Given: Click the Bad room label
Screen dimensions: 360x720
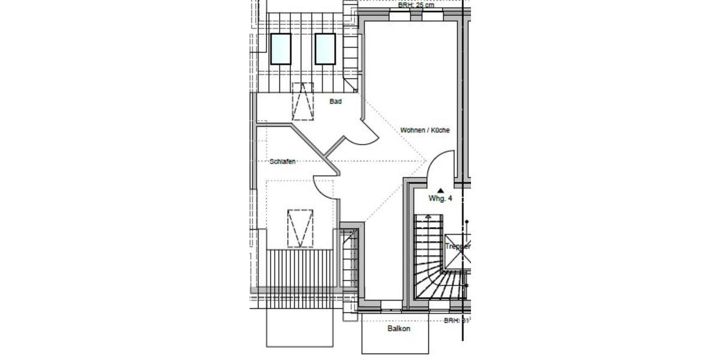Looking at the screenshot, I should click(335, 101).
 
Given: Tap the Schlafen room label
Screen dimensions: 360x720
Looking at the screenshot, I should click(283, 161).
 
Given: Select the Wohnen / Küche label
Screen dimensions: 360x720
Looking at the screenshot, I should click(425, 130).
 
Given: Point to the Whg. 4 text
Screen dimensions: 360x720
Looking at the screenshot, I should click(440, 199).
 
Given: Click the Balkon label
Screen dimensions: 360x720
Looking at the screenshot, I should click(399, 329).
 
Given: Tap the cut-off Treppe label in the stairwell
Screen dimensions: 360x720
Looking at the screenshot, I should click(458, 247).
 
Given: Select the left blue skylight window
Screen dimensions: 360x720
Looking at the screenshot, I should click(280, 49).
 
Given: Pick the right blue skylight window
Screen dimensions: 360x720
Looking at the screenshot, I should click(325, 49).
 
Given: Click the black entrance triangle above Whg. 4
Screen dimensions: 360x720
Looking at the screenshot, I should click(440, 190).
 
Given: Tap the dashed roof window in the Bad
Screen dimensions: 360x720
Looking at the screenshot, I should click(303, 101).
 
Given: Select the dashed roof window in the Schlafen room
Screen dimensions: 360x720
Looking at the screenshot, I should click(301, 228).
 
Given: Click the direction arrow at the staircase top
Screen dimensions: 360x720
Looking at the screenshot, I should click(428, 217).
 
